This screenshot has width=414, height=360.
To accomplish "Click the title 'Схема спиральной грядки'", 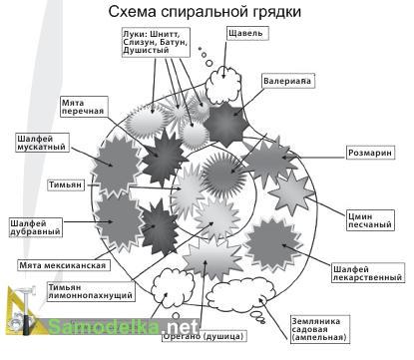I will [x=207, y=12].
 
